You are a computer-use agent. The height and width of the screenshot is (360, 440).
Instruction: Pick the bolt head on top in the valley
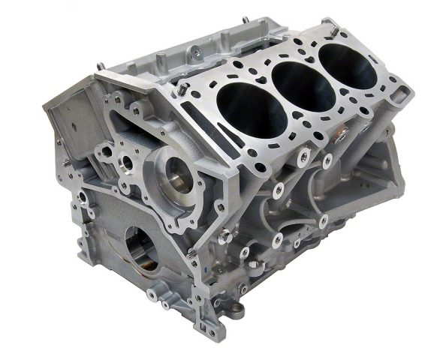193,50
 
